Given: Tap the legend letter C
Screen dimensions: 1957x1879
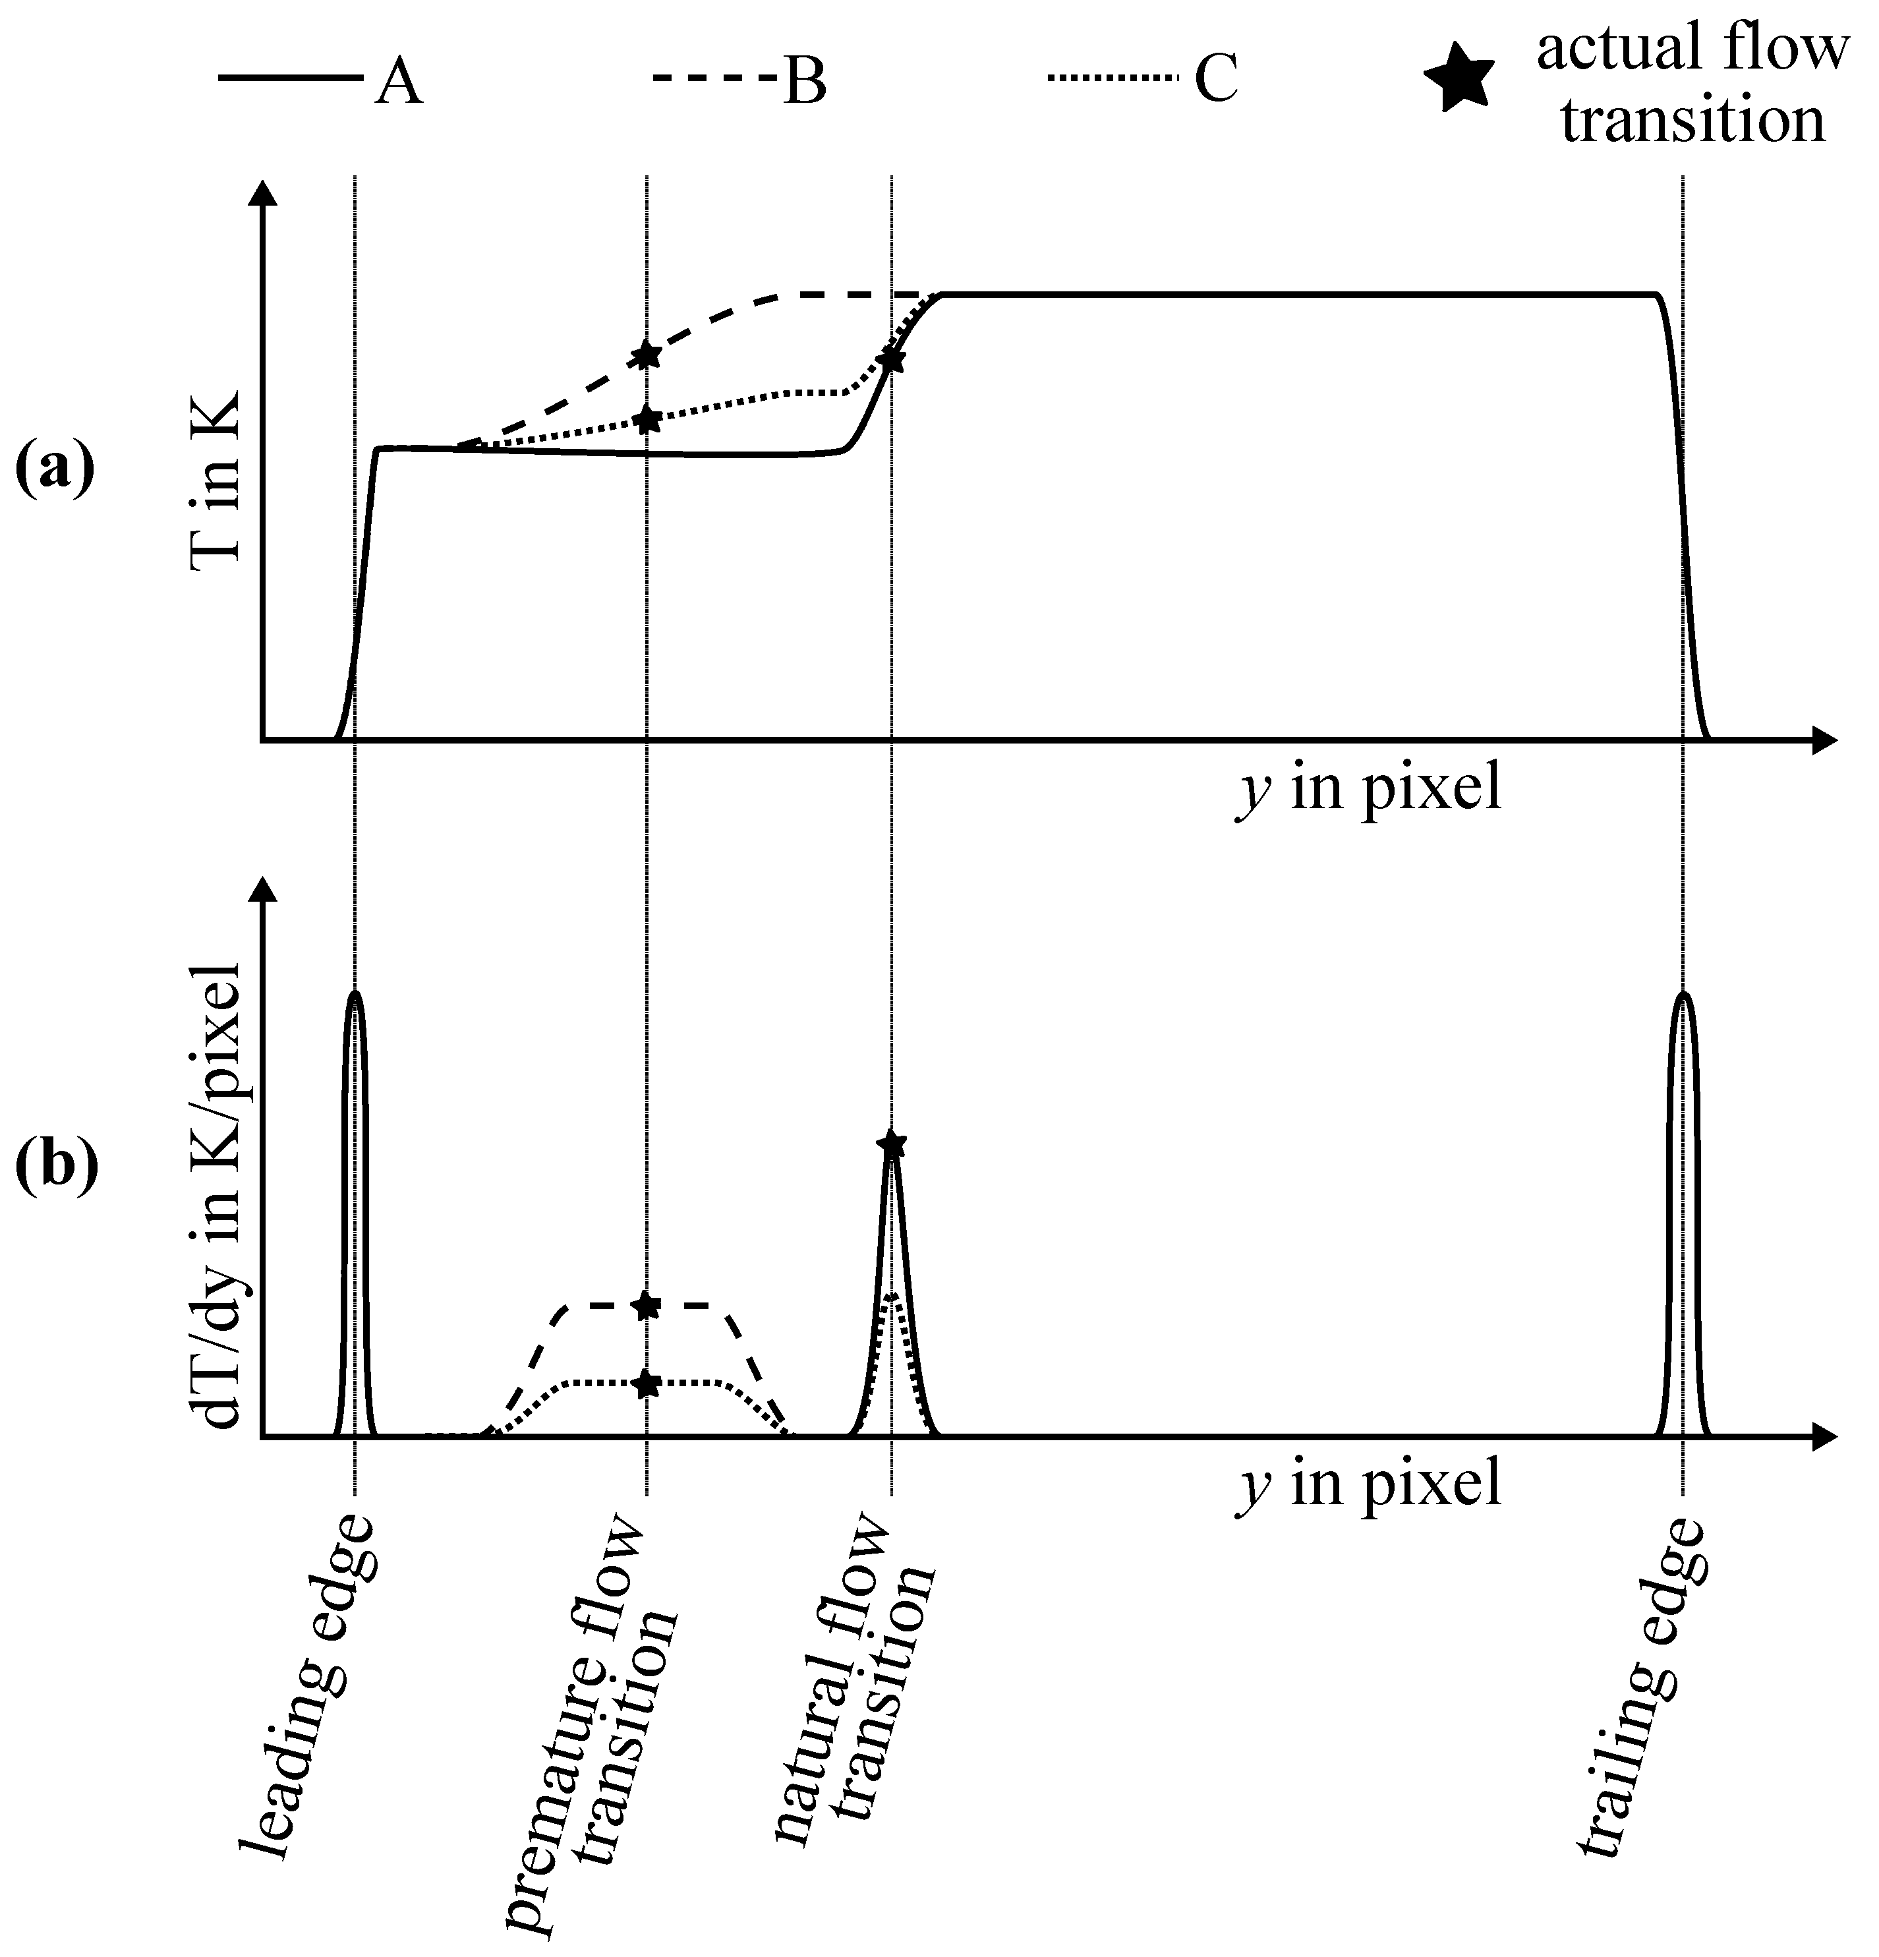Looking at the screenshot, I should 1216,80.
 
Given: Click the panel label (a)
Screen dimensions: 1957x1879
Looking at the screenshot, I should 55,469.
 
